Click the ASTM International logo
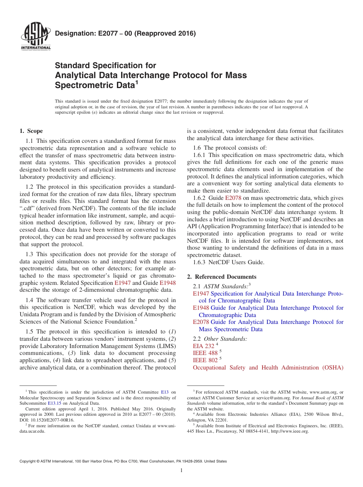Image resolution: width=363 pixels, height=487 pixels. [36, 37]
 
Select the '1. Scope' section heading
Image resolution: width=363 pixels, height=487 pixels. [31, 131]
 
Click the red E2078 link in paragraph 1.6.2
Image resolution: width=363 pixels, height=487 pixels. [232, 198]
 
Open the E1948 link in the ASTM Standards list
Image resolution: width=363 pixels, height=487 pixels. [201, 308]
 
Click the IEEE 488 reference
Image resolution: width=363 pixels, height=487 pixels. [205, 353]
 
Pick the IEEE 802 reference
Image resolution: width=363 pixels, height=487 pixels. [205, 360]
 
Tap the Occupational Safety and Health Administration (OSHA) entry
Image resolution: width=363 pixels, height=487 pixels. [268, 368]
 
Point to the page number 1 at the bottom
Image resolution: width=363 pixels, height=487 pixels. [181, 471]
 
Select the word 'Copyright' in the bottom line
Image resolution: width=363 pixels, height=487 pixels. [29, 461]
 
